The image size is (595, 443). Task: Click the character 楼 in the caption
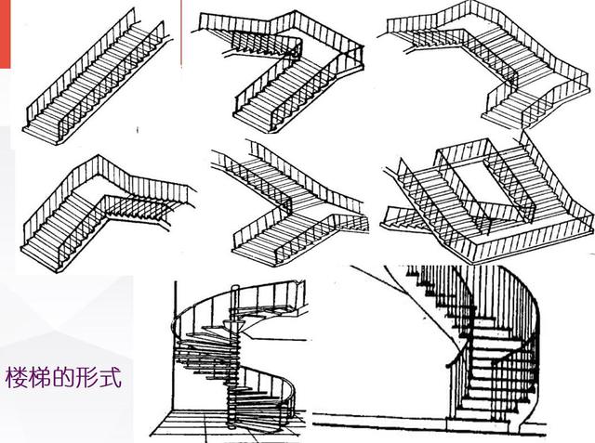(x=17, y=380)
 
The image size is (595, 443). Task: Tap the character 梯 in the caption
(x=40, y=380)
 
